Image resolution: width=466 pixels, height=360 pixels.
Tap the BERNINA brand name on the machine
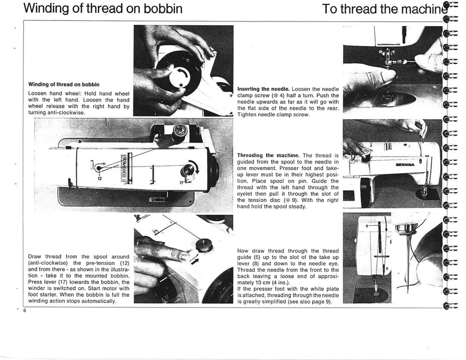point(407,165)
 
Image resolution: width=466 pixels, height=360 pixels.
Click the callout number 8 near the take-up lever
point(366,224)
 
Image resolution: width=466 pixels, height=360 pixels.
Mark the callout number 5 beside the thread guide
point(387,269)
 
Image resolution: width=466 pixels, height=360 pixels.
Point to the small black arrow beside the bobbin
point(196,261)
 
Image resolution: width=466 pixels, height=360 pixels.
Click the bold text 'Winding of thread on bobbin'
point(64,84)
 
